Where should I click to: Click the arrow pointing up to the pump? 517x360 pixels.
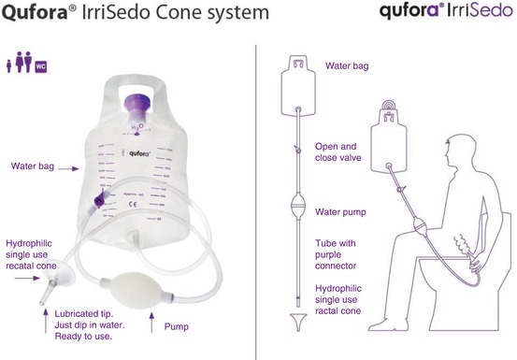click(x=151, y=322)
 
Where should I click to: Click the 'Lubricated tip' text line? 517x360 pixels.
click(x=79, y=317)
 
